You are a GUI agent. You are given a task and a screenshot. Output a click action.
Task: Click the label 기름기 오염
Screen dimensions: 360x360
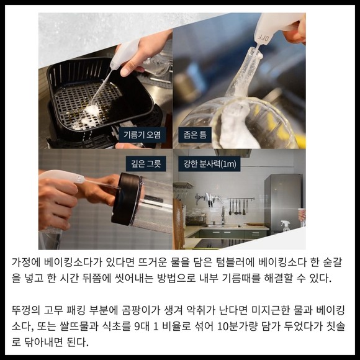pos(142,135)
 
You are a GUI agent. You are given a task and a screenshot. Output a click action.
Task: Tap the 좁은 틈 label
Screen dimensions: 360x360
pos(195,135)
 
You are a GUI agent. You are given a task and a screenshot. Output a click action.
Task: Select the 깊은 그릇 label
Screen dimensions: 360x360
pos(146,164)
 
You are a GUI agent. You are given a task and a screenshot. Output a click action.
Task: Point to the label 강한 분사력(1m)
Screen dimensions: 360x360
pos(209,164)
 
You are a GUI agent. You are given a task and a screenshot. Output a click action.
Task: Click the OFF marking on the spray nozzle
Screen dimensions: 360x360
pos(263,37)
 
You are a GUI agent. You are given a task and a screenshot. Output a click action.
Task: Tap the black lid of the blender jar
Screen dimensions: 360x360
pos(126,199)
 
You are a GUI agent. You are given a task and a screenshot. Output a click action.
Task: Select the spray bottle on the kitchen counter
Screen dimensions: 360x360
pos(285,226)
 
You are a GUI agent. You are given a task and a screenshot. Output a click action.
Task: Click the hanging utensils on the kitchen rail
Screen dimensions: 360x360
pos(238,206)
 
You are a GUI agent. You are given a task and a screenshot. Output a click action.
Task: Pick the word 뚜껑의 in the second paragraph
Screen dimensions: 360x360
pos(25,310)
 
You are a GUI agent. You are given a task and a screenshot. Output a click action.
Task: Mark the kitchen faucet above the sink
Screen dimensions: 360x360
pos(223,215)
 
